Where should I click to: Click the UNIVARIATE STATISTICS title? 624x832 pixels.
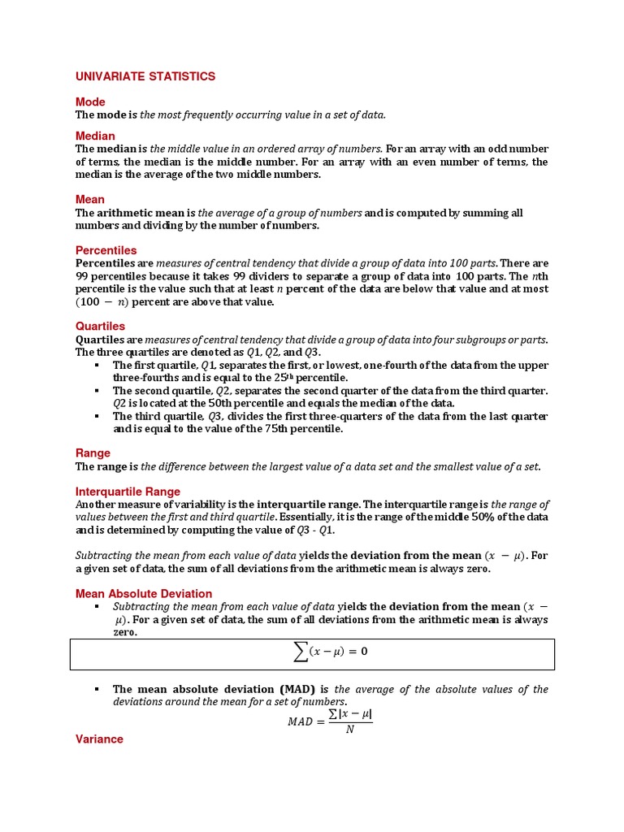coord(145,76)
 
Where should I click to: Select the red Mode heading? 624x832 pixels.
coord(90,102)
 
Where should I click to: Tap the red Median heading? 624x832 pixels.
coord(95,136)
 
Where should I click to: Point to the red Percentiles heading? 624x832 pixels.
coord(106,250)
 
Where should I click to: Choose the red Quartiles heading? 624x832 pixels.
coord(100,326)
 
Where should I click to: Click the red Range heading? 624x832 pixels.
coord(93,453)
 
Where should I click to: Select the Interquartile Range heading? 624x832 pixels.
coord(128,492)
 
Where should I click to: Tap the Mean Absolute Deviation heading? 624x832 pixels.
coord(144,594)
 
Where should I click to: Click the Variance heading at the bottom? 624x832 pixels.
coord(99,739)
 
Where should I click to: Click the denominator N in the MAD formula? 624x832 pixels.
coord(350,729)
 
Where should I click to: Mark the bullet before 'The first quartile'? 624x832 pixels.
coord(97,366)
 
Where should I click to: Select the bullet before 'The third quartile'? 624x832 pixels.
coord(97,416)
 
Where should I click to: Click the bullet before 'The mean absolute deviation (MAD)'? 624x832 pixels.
coord(97,689)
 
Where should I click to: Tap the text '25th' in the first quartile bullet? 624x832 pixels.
coord(281,378)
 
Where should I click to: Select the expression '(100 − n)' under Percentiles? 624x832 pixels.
coord(102,302)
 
